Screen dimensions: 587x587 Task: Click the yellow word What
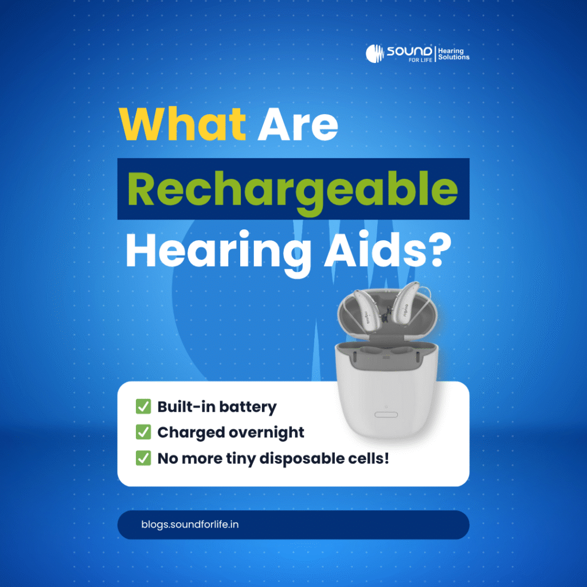tap(182, 124)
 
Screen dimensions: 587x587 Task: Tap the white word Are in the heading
tap(298, 124)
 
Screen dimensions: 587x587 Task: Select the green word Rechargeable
tap(292, 191)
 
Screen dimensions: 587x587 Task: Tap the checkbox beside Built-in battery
tap(143, 406)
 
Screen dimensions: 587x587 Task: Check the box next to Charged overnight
tap(143, 432)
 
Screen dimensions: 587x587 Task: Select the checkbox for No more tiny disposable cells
tap(143, 458)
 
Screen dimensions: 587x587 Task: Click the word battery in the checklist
tap(248, 408)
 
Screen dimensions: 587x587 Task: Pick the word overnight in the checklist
tap(267, 433)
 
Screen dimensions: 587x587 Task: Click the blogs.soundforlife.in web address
tap(190, 525)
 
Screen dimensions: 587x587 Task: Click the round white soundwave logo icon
tap(375, 53)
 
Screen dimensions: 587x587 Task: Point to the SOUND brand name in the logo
tap(409, 51)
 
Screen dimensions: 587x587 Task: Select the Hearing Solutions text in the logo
tap(454, 54)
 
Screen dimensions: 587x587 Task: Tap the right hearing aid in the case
tap(408, 304)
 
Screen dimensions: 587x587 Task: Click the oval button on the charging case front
tap(386, 415)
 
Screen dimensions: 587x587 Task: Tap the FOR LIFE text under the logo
tap(420, 60)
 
